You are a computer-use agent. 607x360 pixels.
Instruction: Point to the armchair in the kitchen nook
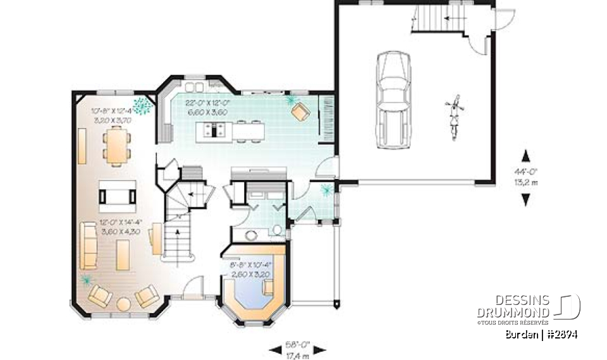[300, 111]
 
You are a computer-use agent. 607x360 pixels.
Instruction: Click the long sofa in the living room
[87, 245]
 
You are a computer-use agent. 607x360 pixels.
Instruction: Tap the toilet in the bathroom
[276, 230]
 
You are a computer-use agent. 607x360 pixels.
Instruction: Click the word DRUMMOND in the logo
[513, 312]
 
